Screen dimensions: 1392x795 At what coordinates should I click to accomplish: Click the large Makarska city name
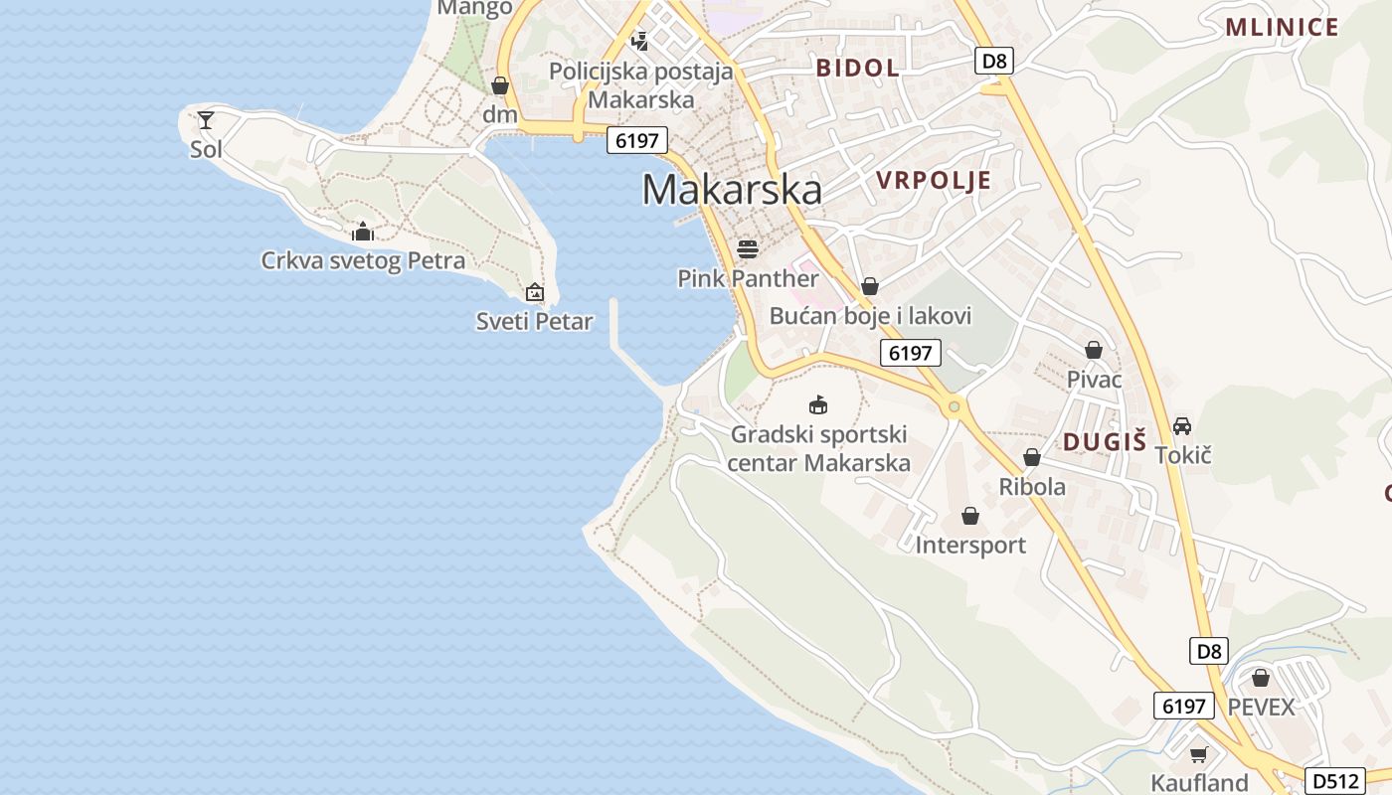(732, 189)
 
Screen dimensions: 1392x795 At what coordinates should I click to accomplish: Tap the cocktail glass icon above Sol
(206, 120)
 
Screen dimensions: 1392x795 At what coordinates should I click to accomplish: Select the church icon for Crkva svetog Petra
(363, 232)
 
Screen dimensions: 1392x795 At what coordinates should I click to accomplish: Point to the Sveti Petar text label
(534, 321)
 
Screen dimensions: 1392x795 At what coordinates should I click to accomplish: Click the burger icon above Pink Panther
(748, 247)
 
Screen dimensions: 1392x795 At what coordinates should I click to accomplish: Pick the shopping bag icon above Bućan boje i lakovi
(870, 286)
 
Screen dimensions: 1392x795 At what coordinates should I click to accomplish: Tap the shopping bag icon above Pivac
(1094, 350)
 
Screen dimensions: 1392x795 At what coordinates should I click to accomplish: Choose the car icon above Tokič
(1182, 425)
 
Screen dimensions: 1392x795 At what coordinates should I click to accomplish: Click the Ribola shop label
(1032, 486)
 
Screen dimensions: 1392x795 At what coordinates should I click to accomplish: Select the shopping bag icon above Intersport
(970, 516)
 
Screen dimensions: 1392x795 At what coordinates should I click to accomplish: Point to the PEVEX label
(1261, 707)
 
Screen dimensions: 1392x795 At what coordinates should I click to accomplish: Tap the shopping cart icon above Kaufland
(1199, 754)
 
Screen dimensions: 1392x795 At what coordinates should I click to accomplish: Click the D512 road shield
(1332, 781)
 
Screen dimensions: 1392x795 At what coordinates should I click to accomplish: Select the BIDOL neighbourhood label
(857, 68)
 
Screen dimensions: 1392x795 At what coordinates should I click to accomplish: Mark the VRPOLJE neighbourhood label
(934, 180)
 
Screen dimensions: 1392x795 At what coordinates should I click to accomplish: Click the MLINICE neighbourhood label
(1282, 27)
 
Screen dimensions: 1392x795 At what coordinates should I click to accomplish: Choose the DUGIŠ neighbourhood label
(1105, 442)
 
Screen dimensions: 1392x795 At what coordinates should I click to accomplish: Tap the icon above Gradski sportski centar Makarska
(818, 404)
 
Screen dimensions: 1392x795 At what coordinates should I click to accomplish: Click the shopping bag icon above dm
(500, 86)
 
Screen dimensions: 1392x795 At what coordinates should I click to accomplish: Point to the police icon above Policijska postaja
(640, 42)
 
